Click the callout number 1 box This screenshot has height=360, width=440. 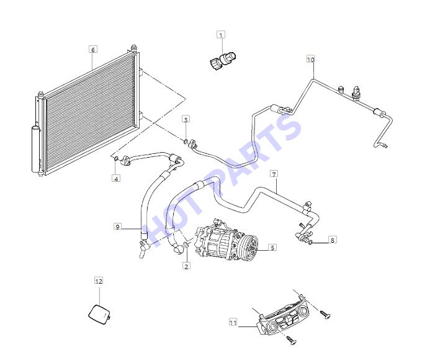221,35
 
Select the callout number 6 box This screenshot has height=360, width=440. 93,50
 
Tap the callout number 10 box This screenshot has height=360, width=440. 311,60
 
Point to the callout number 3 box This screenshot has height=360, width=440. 186,119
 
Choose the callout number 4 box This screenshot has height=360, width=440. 116,178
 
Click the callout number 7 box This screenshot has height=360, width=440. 274,174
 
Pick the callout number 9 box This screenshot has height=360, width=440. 117,227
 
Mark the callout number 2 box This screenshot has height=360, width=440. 186,266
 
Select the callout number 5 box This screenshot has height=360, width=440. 272,248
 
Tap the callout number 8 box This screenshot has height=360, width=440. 333,240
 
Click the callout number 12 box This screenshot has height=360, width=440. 99,281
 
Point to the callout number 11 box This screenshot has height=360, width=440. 233,322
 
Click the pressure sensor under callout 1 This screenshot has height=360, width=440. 223,60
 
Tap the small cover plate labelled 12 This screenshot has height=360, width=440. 100,315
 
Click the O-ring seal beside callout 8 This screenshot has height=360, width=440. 310,243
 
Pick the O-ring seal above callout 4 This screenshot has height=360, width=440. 116,160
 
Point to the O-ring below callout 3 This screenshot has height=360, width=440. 186,141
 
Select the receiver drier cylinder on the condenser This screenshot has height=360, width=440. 35,149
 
